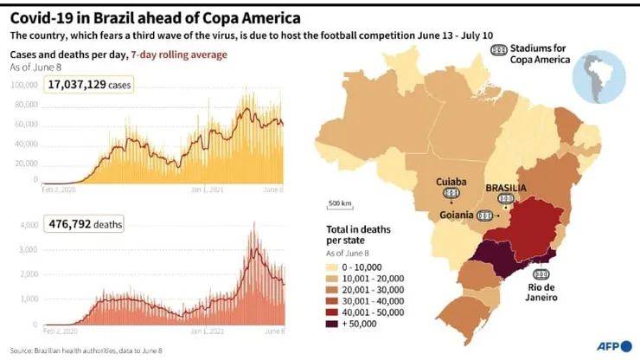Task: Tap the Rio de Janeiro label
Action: click(538, 291)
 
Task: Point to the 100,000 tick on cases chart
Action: click(25, 85)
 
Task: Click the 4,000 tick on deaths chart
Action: click(29, 225)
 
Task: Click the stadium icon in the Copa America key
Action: click(499, 50)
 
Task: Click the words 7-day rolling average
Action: click(178, 55)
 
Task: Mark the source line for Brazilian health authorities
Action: click(86, 350)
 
